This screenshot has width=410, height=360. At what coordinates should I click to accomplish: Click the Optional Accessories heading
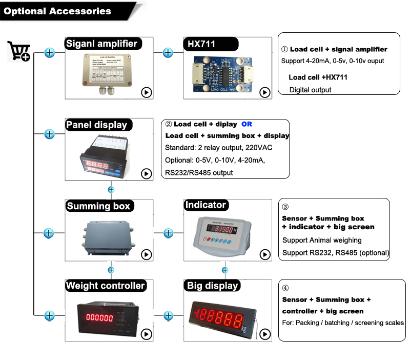tap(57, 11)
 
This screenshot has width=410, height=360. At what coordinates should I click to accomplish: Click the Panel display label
tap(96, 125)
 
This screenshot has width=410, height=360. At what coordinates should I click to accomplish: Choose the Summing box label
tap(99, 206)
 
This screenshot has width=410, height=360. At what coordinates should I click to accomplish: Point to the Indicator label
tap(205, 205)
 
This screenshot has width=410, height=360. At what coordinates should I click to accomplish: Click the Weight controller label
tap(106, 286)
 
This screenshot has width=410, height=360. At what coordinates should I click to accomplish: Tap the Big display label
tap(212, 286)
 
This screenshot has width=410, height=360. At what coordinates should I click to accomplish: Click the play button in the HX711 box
tap(264, 92)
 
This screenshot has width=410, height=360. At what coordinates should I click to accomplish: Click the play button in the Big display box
tap(264, 334)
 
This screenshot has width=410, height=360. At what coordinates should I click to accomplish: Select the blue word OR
tap(247, 124)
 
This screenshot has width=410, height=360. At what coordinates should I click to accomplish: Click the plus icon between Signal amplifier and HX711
tap(168, 52)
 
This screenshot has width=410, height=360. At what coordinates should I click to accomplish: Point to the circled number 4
tap(285, 288)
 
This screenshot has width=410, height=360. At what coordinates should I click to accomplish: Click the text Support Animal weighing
tap(322, 240)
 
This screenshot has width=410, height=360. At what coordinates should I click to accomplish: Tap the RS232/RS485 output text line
tap(199, 173)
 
